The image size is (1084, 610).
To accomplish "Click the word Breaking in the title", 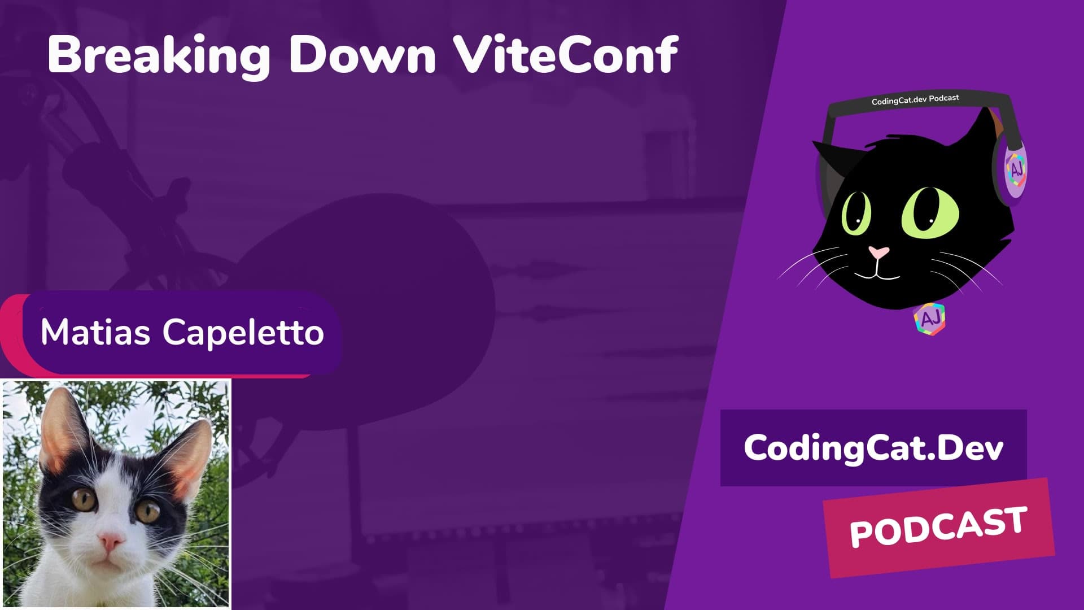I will pos(159,55).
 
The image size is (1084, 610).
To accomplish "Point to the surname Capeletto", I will pos(243,333).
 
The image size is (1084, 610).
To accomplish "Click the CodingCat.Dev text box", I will pos(873,448).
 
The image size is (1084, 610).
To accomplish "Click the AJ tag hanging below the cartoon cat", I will pos(929,319).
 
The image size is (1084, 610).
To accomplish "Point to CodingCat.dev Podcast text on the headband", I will pos(915,100).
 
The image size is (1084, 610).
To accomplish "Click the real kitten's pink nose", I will pos(111,542).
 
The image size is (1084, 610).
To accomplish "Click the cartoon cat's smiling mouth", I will pos(876,276).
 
